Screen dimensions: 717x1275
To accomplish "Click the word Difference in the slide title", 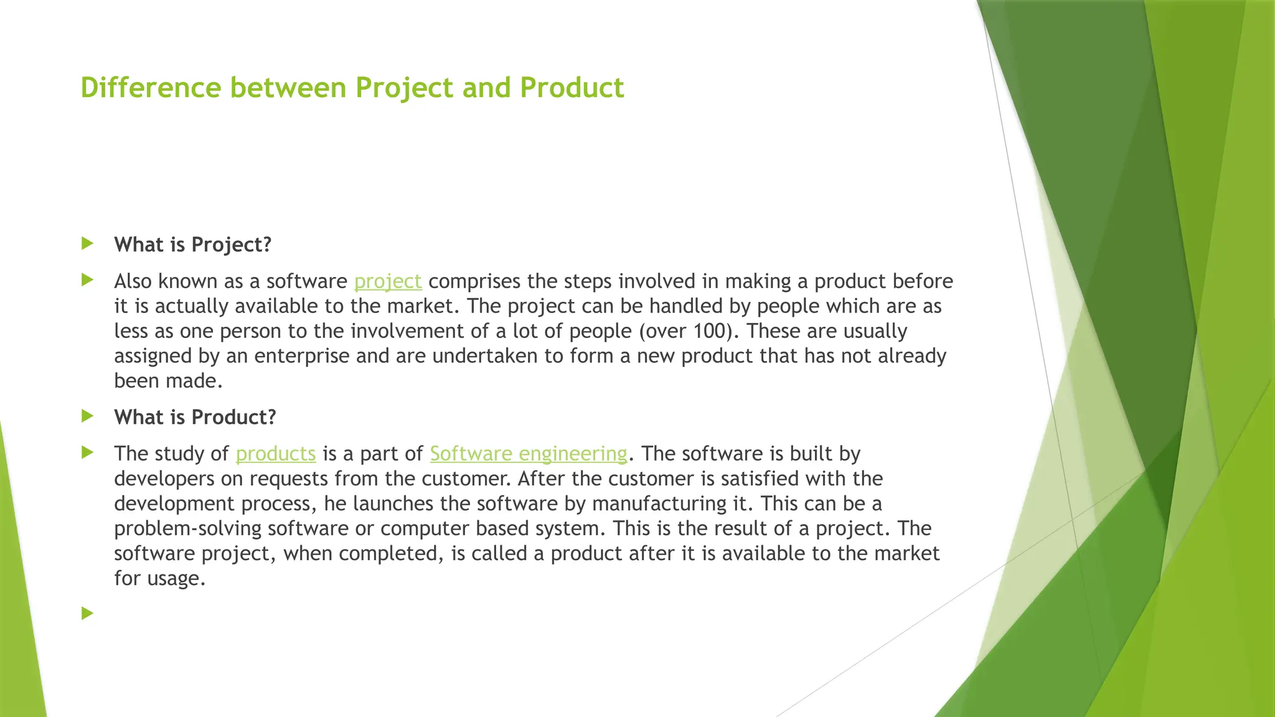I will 151,88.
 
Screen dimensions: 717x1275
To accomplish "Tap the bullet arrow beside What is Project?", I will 87,243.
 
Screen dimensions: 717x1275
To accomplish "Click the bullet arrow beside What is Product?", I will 87,416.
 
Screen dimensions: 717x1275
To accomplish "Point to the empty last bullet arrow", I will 87,614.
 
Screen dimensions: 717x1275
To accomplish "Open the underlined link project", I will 388,281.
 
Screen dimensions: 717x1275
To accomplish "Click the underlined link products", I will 276,454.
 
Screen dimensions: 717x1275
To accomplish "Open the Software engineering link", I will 529,454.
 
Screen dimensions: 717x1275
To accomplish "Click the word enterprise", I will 302,356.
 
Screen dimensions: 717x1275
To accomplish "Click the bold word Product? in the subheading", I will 233,417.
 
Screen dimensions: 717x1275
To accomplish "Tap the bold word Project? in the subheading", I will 232,245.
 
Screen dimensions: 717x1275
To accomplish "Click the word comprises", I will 474,281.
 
